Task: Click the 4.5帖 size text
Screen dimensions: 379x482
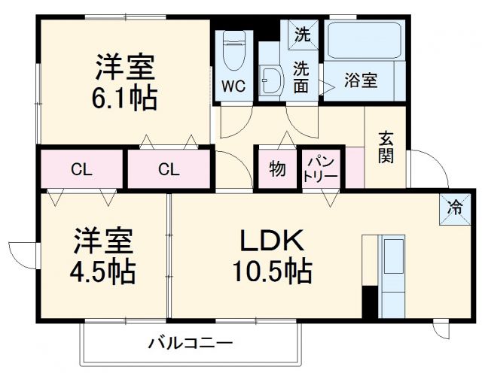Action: pyautogui.click(x=105, y=271)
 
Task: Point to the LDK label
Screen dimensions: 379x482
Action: pyautogui.click(x=271, y=241)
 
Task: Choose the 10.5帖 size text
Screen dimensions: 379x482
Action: pyautogui.click(x=272, y=271)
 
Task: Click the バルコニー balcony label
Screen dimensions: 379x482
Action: pyautogui.click(x=190, y=344)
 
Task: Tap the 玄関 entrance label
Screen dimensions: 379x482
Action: pyautogui.click(x=386, y=147)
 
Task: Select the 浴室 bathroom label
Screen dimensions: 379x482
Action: pyautogui.click(x=361, y=80)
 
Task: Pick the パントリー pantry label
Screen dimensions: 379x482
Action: pyautogui.click(x=321, y=168)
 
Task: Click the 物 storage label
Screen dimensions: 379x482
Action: pyautogui.click(x=277, y=169)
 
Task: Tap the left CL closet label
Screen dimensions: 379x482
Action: pyautogui.click(x=82, y=169)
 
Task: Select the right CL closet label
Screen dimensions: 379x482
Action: pyautogui.click(x=169, y=169)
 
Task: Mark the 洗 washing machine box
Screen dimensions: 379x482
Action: pyautogui.click(x=301, y=34)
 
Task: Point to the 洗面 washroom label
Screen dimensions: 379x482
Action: pyautogui.click(x=301, y=76)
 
